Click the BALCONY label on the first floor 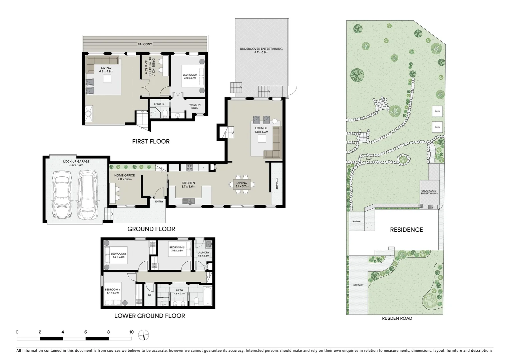click(x=145, y=44)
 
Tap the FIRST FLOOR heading click(x=151, y=141)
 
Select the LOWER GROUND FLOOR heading click(x=149, y=316)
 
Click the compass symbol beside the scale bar click(x=144, y=334)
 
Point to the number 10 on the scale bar click(x=131, y=332)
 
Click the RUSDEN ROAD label click(x=397, y=318)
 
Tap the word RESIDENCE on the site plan click(x=406, y=230)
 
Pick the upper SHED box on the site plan click(x=437, y=111)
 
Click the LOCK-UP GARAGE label click(x=76, y=162)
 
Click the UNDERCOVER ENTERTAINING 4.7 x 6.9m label click(x=261, y=50)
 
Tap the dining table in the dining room click(x=242, y=184)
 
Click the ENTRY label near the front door click(x=159, y=201)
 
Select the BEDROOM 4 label click(x=112, y=291)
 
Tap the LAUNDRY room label click(x=203, y=254)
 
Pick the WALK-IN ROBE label click(x=195, y=106)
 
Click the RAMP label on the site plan click(x=368, y=159)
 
